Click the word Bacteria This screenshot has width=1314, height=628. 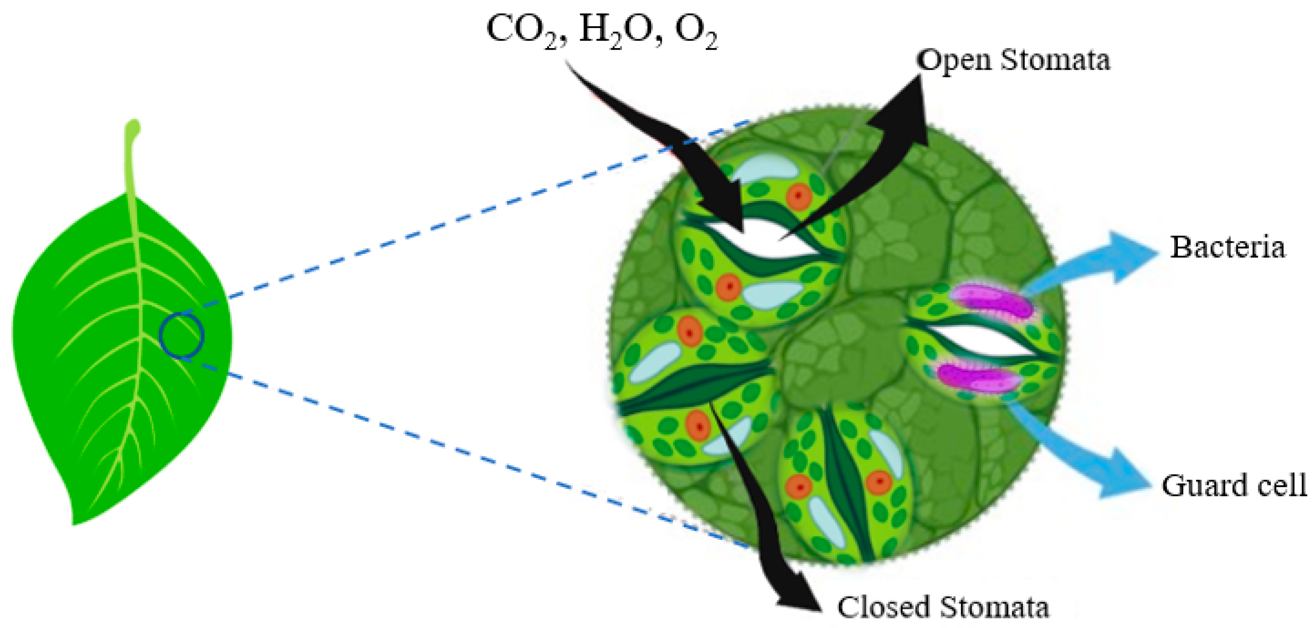[x=1227, y=248]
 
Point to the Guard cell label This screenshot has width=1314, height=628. [x=1234, y=485]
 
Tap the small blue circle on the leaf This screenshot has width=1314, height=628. [x=182, y=336]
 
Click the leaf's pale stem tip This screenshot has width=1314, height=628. [x=133, y=127]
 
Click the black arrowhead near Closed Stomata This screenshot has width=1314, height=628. [x=796, y=591]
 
